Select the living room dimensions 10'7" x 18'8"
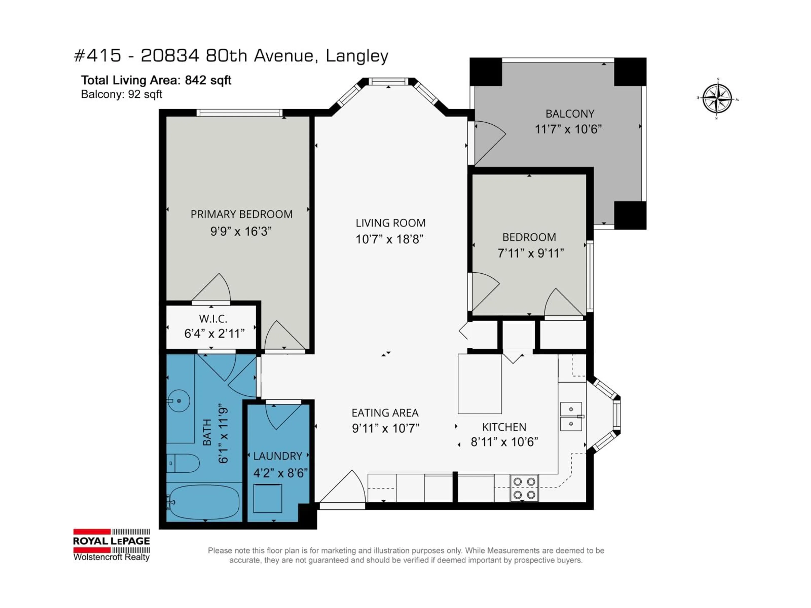[389, 239]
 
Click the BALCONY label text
[570, 114]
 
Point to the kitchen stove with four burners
[524, 488]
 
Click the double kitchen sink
[571, 416]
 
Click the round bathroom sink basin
[178, 401]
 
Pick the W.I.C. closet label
[213, 319]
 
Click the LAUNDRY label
[278, 456]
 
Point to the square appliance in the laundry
[268, 498]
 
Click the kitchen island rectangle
[480, 384]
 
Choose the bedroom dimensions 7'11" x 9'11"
[530, 253]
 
